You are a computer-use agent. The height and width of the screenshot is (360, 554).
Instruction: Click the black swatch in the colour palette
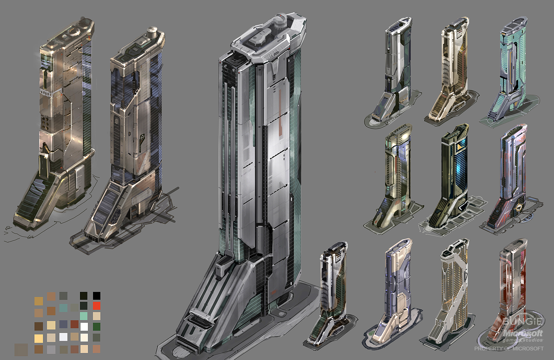97,296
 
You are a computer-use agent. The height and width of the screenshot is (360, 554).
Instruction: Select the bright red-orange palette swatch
97,306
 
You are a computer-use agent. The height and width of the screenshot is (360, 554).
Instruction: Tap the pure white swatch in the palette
84,327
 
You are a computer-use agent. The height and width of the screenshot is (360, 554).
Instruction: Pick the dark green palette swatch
97,327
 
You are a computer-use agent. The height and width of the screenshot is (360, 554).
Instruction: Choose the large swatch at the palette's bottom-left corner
21,350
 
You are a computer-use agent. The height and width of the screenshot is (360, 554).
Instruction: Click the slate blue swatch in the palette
63,324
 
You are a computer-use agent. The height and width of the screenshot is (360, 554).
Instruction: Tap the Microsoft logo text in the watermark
523,333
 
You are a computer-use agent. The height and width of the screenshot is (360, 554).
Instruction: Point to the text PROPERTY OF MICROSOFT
509,349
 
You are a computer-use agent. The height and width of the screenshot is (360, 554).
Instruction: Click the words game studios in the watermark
523,340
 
